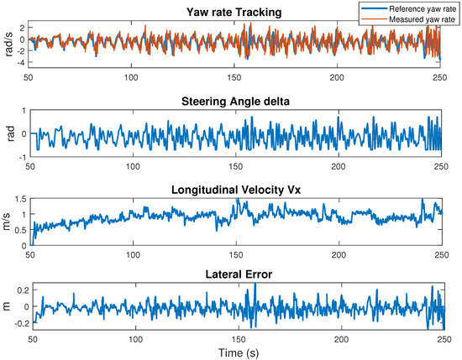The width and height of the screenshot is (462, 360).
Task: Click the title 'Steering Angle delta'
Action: [x=235, y=102]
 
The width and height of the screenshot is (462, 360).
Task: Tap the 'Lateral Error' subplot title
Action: [x=235, y=273]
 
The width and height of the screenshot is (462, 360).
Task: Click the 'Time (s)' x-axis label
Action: [x=235, y=352]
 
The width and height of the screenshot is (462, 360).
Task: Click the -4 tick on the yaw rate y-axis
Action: [x=23, y=64]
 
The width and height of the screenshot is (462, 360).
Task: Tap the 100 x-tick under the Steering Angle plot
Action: [x=133, y=164]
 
